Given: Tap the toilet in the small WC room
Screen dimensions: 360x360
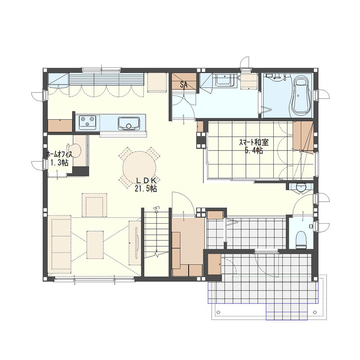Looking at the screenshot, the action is [301, 240].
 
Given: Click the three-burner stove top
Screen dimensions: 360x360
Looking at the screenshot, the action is [87, 122].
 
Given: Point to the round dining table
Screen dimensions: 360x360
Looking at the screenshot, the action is [139, 167].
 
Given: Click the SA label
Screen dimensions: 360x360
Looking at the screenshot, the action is [184, 85].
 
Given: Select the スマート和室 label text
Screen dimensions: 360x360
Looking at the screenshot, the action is [254, 143].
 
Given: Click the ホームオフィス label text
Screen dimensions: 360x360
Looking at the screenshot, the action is [59, 154].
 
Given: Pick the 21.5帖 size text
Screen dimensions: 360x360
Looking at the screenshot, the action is [146, 189].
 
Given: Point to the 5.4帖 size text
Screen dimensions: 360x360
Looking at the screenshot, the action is [254, 150].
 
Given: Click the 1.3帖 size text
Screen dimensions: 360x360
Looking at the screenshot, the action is [59, 163].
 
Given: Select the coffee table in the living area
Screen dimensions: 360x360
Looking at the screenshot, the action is [95, 245].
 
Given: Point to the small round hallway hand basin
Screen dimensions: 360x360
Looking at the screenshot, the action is [300, 187].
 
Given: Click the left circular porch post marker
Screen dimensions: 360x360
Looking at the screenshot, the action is [219, 312].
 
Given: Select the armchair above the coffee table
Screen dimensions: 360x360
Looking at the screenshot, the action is [94, 205].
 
